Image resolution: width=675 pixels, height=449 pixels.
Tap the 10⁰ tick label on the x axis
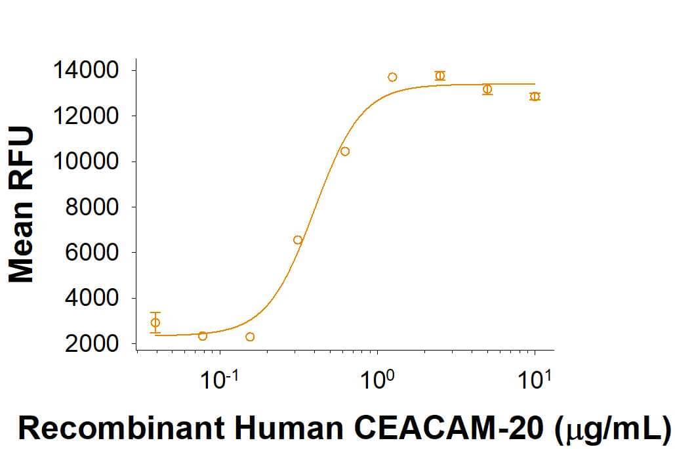click(x=378, y=380)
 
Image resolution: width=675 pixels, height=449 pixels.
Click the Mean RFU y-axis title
click(x=21, y=205)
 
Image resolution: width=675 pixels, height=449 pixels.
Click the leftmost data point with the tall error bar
click(x=155, y=322)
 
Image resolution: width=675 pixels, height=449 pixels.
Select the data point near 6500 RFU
click(x=298, y=240)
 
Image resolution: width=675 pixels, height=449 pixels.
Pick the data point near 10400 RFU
click(x=345, y=152)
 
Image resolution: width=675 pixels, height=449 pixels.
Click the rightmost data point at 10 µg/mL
click(x=535, y=96)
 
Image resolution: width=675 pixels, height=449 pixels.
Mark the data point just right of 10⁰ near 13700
click(x=392, y=77)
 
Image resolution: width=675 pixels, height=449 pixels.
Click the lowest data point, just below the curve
click(x=250, y=337)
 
